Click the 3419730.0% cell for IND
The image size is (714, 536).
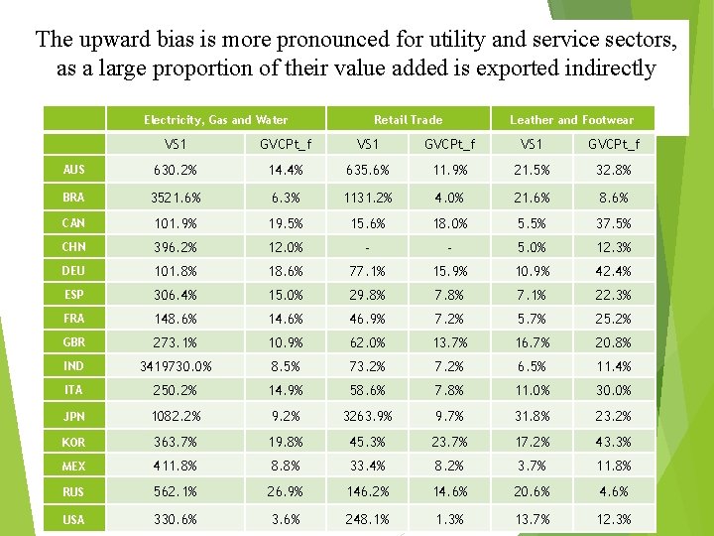tap(177, 366)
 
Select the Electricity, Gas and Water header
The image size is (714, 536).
tap(215, 120)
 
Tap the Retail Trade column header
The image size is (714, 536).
tap(408, 120)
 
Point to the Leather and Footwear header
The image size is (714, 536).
tap(571, 120)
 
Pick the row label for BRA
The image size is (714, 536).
tap(73, 198)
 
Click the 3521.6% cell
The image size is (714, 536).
tap(177, 198)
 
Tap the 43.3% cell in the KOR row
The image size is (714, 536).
tap(614, 441)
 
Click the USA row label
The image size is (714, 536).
tap(73, 519)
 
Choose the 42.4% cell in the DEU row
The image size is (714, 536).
tap(614, 271)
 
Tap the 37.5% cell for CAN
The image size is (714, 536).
tap(614, 223)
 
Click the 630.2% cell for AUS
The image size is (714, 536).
tap(177, 171)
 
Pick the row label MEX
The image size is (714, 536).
tap(73, 466)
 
